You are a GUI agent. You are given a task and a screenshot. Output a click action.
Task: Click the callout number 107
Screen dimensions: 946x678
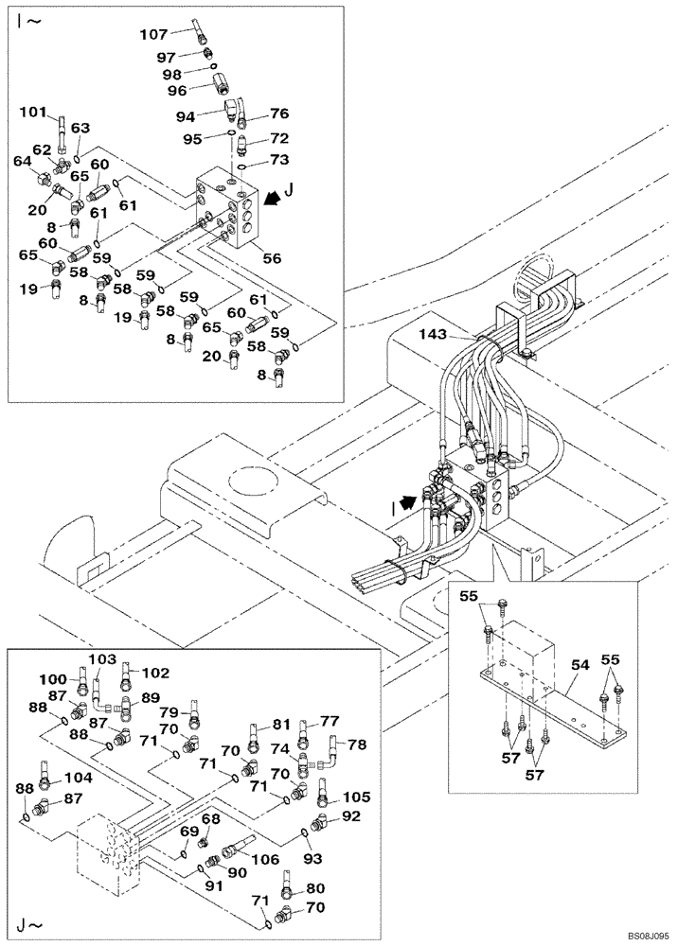(x=153, y=34)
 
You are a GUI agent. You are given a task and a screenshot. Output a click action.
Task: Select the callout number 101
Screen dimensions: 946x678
(x=33, y=113)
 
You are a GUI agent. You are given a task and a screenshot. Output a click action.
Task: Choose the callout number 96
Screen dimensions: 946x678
(x=176, y=92)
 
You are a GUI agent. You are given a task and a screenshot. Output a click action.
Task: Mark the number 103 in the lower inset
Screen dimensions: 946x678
(x=102, y=658)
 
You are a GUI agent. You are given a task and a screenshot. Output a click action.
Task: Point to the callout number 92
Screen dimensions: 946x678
(x=351, y=815)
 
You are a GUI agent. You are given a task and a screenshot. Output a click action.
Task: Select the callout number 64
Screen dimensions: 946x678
(x=21, y=162)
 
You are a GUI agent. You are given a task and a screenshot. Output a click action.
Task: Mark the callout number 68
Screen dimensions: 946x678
(x=209, y=818)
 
